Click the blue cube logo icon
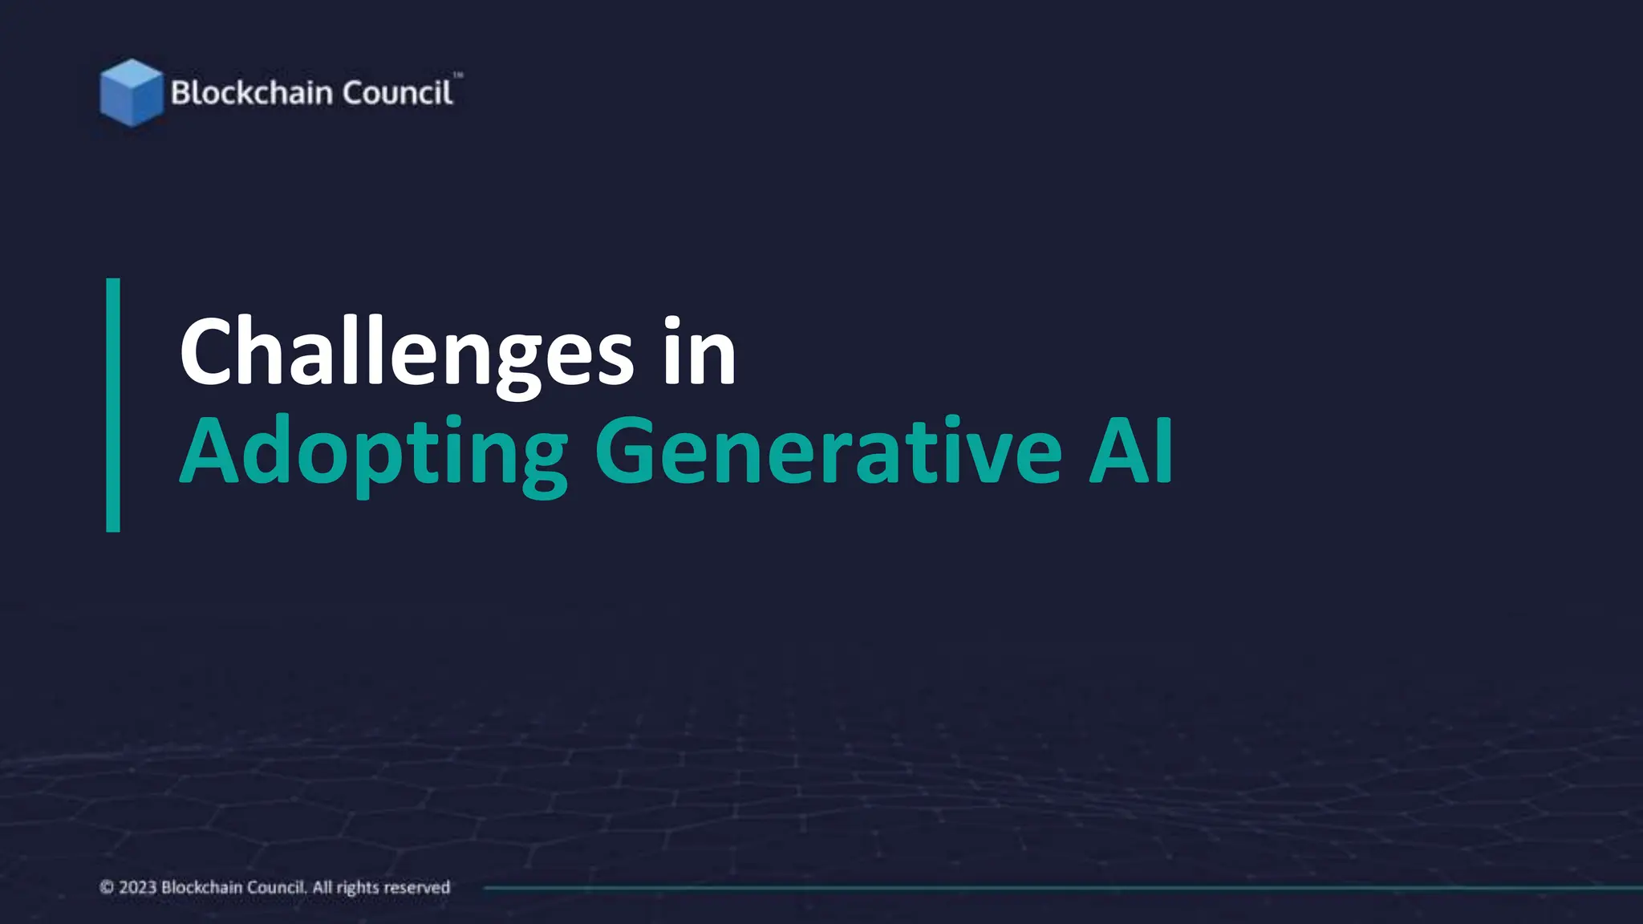coord(131,92)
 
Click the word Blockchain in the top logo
coord(251,93)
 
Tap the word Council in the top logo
coord(397,93)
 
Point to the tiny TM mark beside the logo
coord(458,75)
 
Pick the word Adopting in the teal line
coord(374,452)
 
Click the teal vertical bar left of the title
coord(113,405)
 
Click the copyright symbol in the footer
coord(107,887)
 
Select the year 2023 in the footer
coord(137,887)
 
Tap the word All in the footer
coord(322,887)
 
